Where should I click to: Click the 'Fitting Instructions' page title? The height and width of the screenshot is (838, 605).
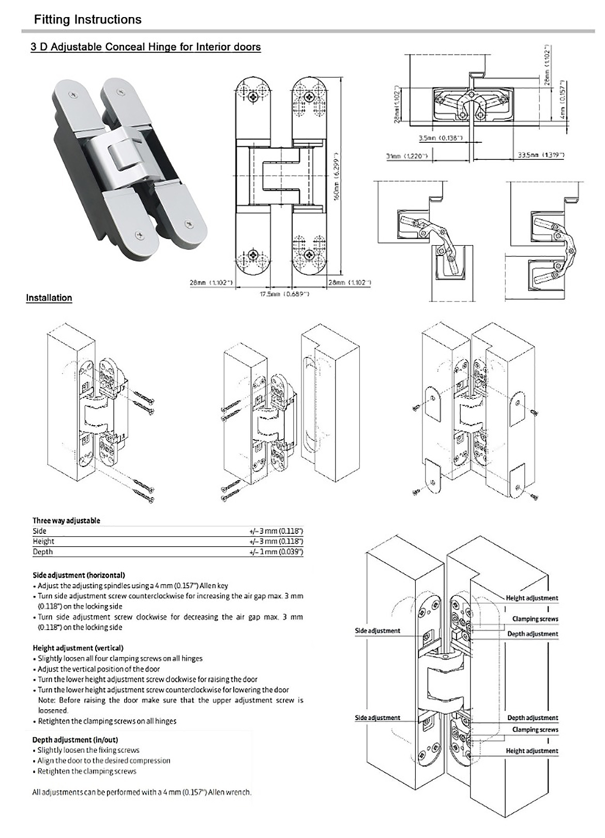(x=87, y=20)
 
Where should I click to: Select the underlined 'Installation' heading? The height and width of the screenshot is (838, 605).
(x=49, y=297)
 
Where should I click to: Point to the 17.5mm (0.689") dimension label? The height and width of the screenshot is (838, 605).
(x=284, y=294)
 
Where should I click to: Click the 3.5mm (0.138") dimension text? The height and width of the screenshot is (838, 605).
(x=441, y=138)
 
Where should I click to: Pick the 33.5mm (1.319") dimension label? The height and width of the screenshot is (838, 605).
(x=541, y=155)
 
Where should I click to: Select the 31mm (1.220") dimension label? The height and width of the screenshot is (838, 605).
(x=406, y=155)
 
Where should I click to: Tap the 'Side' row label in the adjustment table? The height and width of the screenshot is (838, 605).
(x=39, y=531)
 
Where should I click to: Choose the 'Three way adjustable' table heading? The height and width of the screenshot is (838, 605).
(x=66, y=520)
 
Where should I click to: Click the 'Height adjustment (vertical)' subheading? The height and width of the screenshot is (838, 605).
(x=78, y=648)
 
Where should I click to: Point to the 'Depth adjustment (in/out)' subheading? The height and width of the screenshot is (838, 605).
(x=75, y=740)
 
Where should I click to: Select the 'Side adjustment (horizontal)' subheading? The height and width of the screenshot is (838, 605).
(x=79, y=575)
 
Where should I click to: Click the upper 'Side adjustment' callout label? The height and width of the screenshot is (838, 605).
(x=377, y=631)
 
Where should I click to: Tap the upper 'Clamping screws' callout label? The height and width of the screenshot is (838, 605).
(x=535, y=619)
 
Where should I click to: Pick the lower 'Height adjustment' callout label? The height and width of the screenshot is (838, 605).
(x=532, y=751)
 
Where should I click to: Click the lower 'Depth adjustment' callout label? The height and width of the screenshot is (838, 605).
(x=532, y=717)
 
